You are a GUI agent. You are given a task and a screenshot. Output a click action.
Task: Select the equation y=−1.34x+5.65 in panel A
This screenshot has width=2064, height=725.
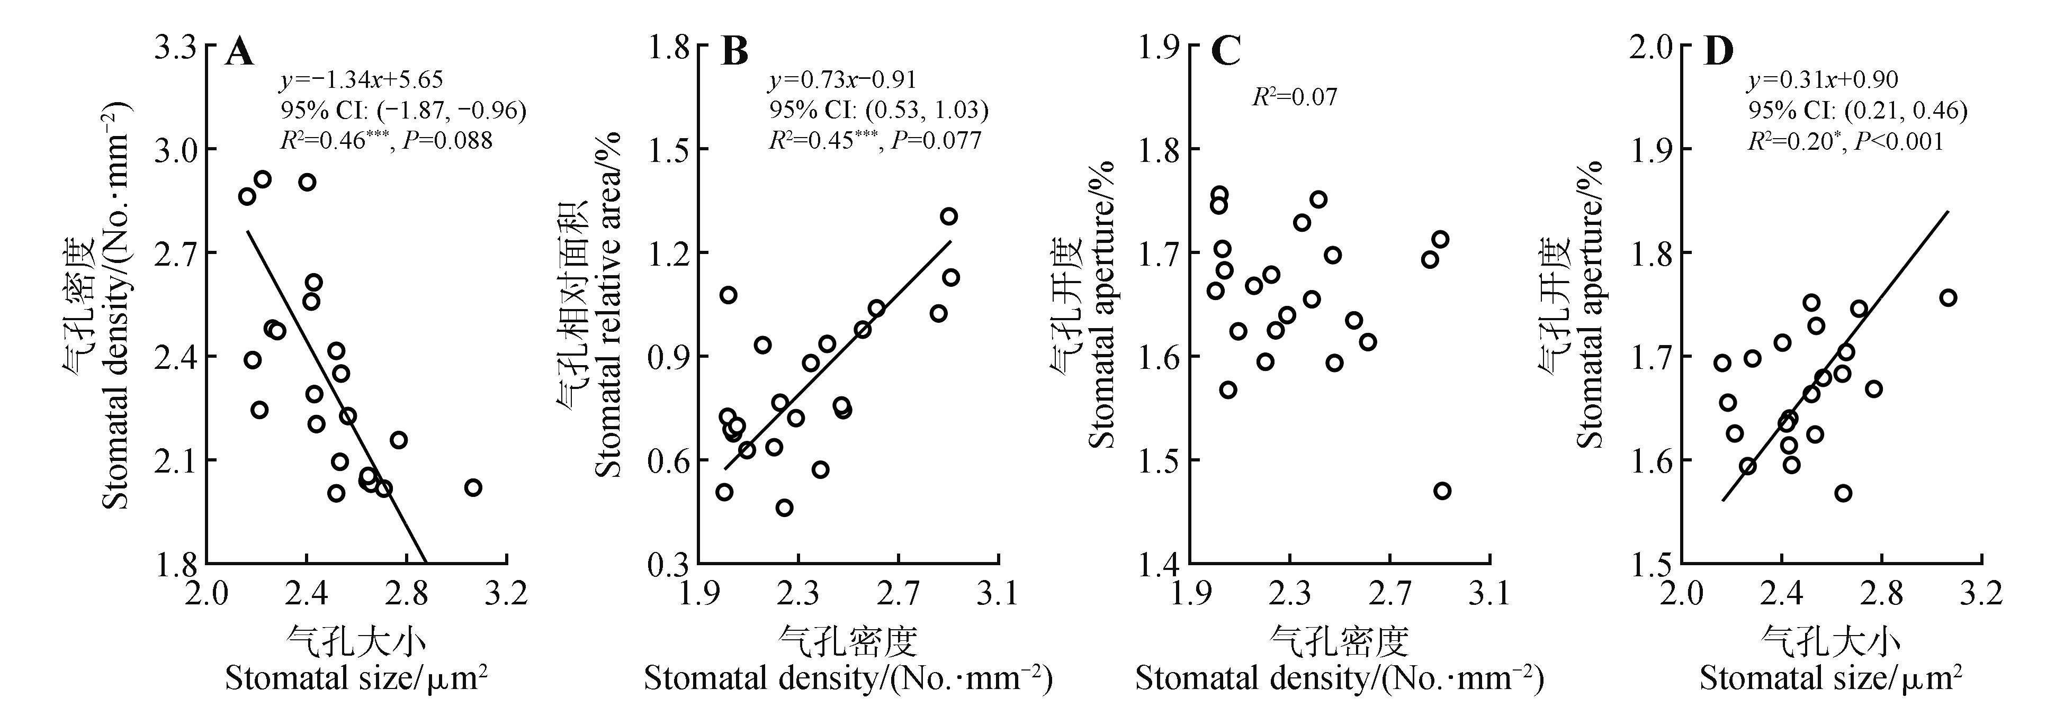(x=361, y=80)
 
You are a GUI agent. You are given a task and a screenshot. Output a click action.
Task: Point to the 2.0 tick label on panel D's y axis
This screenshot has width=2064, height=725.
(x=1650, y=47)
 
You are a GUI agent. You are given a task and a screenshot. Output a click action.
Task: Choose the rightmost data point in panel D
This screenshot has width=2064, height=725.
(x=1948, y=298)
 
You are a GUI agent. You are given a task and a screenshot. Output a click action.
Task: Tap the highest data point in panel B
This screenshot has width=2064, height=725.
(x=949, y=216)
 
